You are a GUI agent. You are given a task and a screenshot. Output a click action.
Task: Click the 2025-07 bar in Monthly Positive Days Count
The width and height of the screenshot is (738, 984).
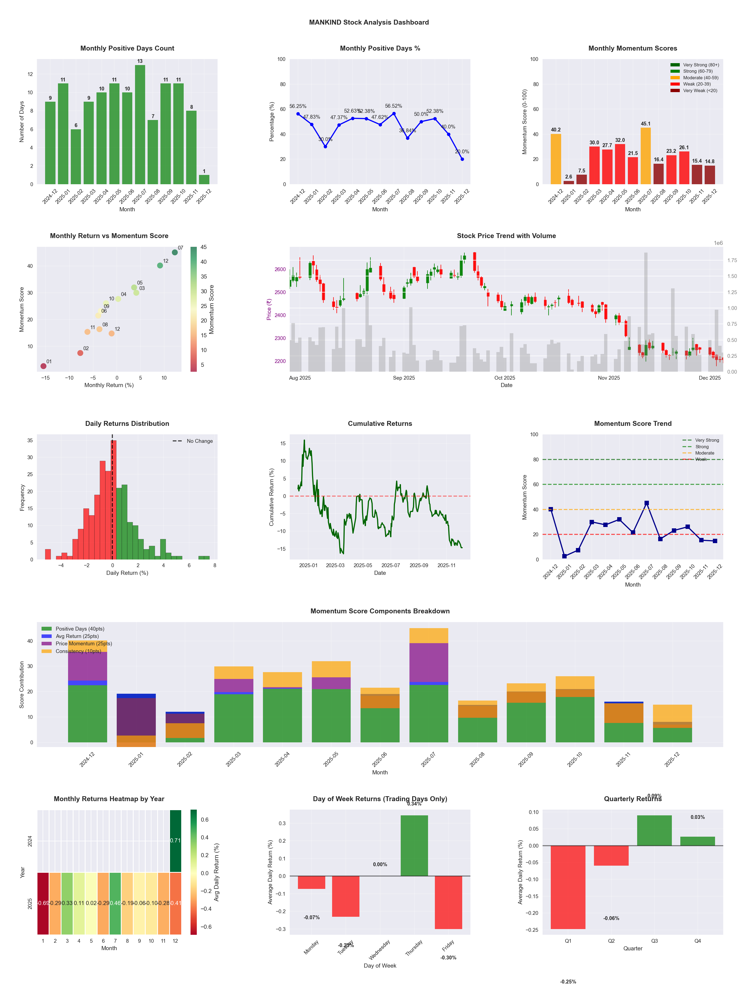140,125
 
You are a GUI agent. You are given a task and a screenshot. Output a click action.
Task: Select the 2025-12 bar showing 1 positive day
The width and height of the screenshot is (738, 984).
204,179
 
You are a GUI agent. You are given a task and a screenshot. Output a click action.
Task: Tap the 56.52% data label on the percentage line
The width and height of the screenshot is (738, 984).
393,106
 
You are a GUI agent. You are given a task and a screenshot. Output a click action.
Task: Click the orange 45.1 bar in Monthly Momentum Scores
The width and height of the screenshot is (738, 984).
645,156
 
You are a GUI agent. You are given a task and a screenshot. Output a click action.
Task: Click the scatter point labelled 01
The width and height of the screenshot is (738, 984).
43,366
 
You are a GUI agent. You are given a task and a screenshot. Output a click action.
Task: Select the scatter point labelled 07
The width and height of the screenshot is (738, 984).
175,252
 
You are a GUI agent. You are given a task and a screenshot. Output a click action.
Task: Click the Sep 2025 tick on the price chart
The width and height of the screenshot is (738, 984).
404,378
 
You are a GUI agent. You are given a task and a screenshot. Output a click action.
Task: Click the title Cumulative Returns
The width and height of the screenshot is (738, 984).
380,423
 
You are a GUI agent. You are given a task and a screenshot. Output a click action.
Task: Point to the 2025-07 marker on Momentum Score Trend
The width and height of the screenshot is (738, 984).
646,503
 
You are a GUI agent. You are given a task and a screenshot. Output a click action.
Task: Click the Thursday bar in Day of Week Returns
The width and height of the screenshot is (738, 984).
414,845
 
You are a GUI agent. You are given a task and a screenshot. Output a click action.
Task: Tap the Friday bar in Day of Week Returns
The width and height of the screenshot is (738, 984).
449,902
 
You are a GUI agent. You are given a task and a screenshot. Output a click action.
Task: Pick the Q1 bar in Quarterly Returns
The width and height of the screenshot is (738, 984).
568,887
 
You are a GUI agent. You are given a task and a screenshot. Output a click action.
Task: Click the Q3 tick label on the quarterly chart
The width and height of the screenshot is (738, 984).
654,941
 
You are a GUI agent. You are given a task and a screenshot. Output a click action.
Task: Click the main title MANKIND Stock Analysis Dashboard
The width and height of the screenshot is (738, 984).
369,22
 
